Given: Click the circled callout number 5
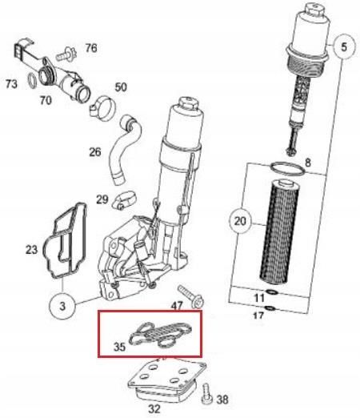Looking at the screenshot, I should (x=344, y=47).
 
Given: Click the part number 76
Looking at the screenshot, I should (x=91, y=49).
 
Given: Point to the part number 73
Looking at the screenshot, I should (x=12, y=83).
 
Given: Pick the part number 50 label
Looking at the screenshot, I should (x=121, y=86).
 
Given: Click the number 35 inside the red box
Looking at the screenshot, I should (x=119, y=348).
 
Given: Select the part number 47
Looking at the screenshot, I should (x=177, y=307).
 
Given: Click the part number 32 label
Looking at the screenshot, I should (x=154, y=408).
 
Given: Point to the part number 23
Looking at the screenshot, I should (x=31, y=250).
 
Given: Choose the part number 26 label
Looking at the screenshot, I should (x=94, y=152).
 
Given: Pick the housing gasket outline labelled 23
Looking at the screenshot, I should (x=68, y=244).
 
